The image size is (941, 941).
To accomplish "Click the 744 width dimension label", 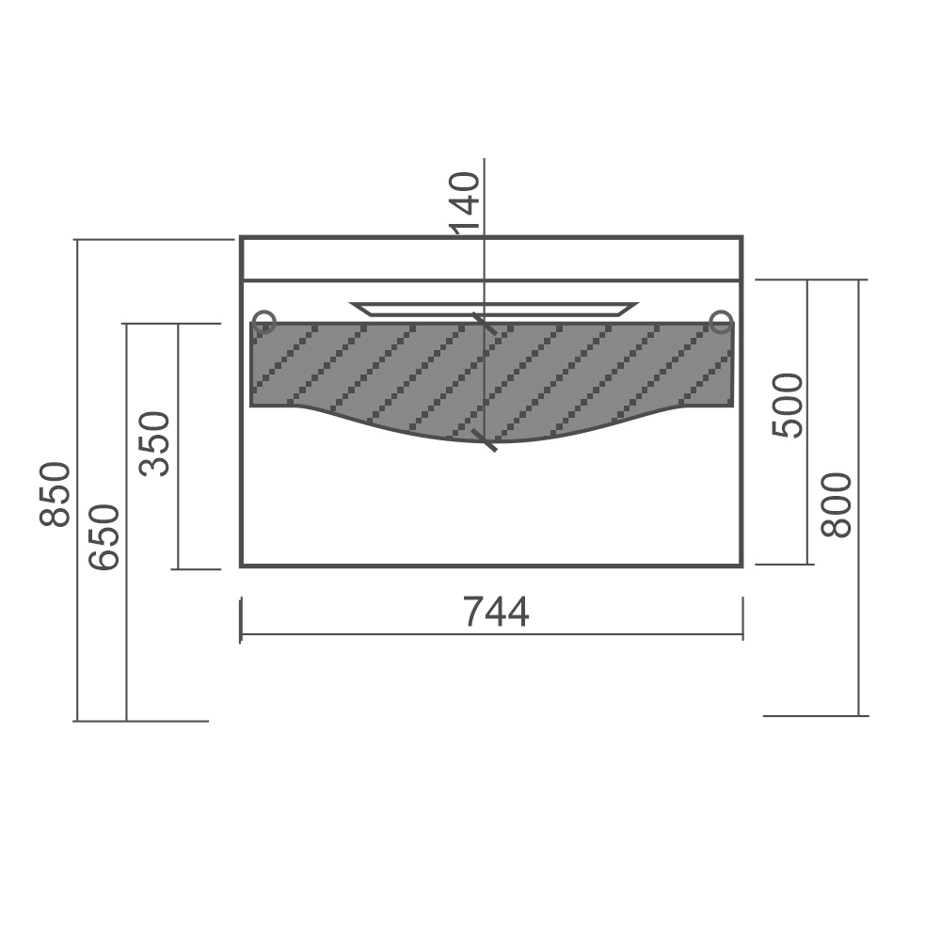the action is coord(496,613).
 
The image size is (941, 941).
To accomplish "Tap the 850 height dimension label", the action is coord(56,495).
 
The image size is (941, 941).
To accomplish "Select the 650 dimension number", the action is coord(104,537).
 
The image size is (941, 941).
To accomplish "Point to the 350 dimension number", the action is coord(155,444).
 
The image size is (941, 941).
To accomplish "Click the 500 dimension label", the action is coord(788,406).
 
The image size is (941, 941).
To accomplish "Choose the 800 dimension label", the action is coord(837,505).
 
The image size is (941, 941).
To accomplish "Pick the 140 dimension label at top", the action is coord(465,201).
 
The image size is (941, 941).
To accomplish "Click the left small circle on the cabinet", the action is coord(264,322).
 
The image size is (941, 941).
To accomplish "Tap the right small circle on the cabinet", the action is coord(721,322).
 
